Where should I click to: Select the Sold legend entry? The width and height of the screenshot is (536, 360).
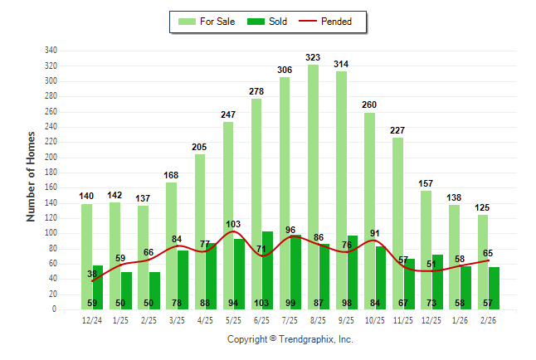[267, 22]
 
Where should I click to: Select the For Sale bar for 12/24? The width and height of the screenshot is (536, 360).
[86, 256]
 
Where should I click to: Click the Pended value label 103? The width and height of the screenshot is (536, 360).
[234, 225]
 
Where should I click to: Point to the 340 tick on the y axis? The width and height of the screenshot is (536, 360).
[51, 51]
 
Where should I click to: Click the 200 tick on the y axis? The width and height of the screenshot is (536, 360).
[51, 158]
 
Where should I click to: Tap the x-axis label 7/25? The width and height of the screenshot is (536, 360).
[290, 320]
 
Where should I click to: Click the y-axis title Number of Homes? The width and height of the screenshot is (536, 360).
[32, 176]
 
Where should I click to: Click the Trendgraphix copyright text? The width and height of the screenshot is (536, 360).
[290, 339]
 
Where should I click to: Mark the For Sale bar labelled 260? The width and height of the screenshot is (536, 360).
[369, 211]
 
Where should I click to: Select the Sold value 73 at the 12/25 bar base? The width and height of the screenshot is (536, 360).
[437, 303]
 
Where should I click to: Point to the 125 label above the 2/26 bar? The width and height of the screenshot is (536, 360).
[482, 208]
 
